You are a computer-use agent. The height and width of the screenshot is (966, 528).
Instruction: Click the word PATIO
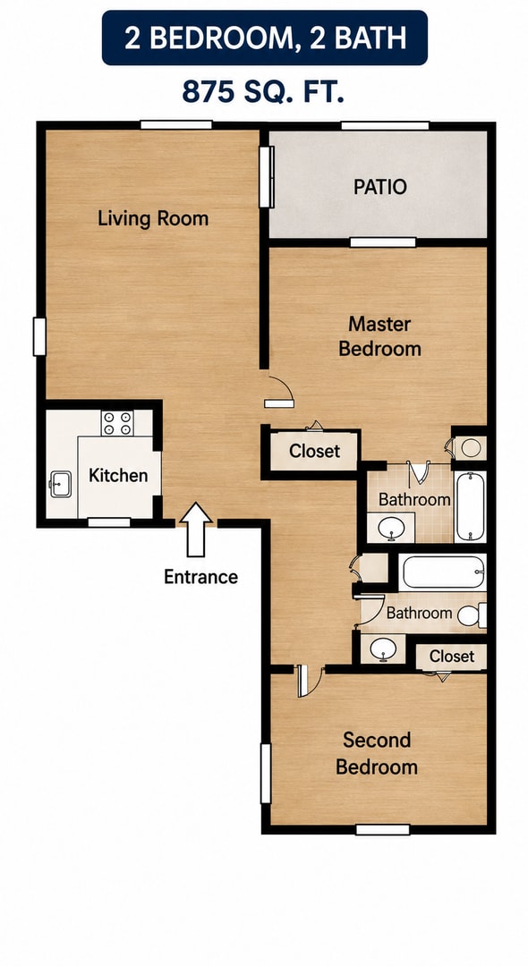click(x=380, y=187)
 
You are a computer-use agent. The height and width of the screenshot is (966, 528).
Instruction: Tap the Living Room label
click(x=153, y=219)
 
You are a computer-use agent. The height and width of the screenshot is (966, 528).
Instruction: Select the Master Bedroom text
click(x=380, y=335)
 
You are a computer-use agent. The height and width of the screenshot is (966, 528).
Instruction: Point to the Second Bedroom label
click(x=377, y=753)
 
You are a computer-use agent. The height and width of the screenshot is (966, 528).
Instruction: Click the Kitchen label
click(x=118, y=475)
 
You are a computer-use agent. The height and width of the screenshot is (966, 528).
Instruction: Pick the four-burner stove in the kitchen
click(x=117, y=422)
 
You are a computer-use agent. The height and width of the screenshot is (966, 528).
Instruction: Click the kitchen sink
click(x=60, y=484)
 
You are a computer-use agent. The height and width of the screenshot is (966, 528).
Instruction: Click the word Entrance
click(x=200, y=577)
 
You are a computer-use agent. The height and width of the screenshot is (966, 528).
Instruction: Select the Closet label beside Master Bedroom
click(x=315, y=451)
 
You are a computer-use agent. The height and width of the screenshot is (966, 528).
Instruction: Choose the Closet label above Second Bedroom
click(x=452, y=657)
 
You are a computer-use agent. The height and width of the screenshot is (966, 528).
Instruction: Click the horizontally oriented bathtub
click(x=442, y=572)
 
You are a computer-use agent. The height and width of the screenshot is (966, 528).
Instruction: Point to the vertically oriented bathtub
click(x=470, y=506)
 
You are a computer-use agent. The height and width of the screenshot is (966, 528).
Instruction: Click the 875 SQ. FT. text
click(x=263, y=92)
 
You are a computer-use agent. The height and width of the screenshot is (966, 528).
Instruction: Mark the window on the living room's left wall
click(x=39, y=336)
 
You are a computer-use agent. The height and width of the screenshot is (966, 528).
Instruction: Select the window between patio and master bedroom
click(x=383, y=242)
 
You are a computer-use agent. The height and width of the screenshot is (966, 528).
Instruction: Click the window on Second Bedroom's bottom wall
click(x=383, y=829)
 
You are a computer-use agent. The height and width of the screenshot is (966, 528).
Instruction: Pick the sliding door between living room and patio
click(x=266, y=177)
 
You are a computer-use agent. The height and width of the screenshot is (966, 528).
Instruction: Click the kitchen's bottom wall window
click(x=109, y=522)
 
